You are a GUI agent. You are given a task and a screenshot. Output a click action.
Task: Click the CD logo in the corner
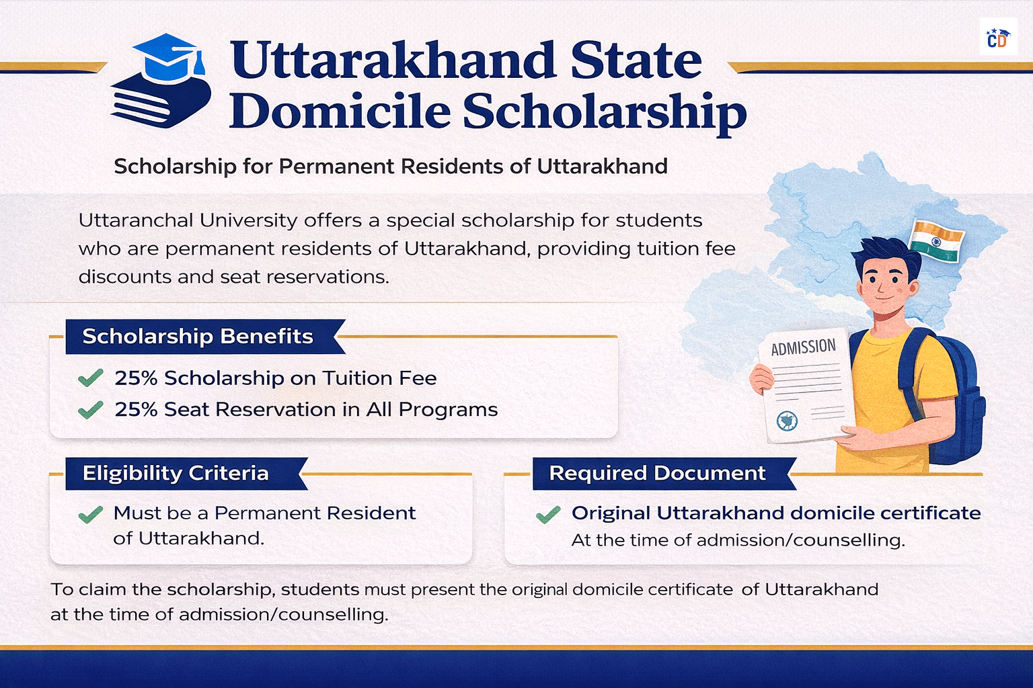997,38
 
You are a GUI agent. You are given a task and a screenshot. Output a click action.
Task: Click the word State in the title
636,60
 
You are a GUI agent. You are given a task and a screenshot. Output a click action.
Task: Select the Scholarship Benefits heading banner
198,336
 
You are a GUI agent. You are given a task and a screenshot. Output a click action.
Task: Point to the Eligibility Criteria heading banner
176,473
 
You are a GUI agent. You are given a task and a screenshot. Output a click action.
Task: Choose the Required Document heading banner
657,473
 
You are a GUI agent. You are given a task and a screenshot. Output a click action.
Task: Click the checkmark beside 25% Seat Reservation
90,409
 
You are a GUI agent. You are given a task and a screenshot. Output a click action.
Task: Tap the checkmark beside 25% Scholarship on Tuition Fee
90,378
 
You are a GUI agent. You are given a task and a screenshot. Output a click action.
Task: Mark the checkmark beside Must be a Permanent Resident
90,514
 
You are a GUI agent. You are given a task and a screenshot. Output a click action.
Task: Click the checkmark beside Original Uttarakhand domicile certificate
548,515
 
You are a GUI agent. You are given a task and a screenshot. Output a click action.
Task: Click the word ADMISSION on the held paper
803,347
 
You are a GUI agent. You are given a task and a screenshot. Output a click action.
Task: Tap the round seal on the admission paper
786,421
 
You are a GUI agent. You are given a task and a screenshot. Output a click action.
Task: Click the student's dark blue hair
884,253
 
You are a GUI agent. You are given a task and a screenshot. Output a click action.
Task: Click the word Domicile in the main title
339,112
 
